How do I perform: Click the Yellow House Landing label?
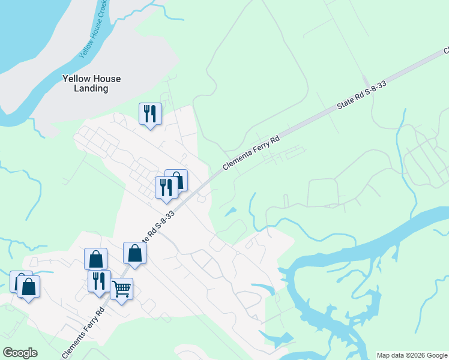[x=91, y=83]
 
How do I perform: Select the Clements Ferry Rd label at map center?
[x=252, y=154]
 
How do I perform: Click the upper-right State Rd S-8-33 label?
[x=361, y=95]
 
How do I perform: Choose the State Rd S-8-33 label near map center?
[x=157, y=227]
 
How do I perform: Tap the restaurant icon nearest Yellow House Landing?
[x=150, y=113]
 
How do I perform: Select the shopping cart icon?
[x=122, y=289]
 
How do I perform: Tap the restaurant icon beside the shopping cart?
[x=99, y=281]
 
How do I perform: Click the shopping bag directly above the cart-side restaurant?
[x=95, y=259]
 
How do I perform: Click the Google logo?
[x=20, y=353]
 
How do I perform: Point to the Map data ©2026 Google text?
[x=411, y=355]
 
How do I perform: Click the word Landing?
[x=91, y=89]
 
